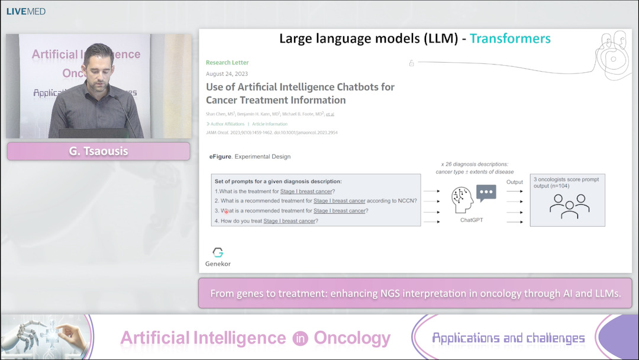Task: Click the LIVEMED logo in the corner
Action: click(x=26, y=11)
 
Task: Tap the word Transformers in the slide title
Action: click(x=510, y=39)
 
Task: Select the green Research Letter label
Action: click(x=227, y=62)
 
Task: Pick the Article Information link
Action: click(x=270, y=124)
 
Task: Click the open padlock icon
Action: click(x=412, y=63)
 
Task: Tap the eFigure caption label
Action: click(x=220, y=157)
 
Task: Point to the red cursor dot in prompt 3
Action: click(x=226, y=211)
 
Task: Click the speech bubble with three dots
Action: click(x=486, y=193)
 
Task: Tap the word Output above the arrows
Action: click(x=514, y=181)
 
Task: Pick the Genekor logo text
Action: click(x=218, y=263)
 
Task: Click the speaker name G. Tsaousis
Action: click(x=98, y=152)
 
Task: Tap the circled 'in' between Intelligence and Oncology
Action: click(x=300, y=338)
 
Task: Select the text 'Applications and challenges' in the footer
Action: click(x=508, y=338)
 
